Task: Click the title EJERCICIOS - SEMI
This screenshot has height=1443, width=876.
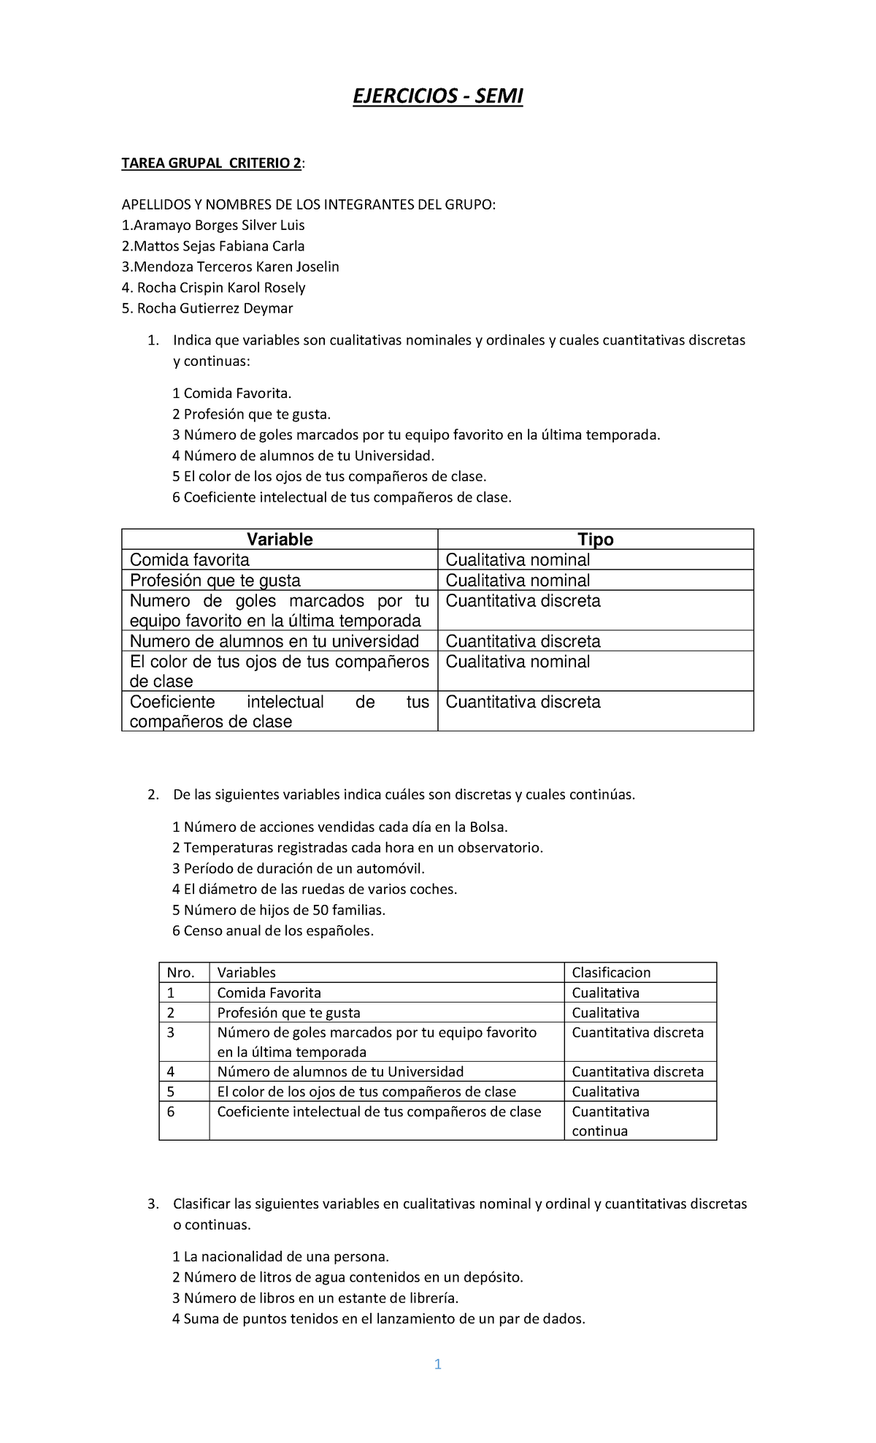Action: [x=438, y=96]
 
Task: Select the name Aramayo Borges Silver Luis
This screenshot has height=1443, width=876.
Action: [x=213, y=225]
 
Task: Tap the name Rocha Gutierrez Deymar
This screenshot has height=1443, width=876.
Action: [x=207, y=308]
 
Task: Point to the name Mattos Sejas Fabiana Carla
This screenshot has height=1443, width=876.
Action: [x=213, y=246]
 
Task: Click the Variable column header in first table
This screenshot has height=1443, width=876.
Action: [x=280, y=540]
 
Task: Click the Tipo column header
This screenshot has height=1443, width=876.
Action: [x=595, y=540]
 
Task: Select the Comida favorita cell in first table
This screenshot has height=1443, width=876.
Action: [x=190, y=560]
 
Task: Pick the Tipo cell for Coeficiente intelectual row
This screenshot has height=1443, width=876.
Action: [x=523, y=703]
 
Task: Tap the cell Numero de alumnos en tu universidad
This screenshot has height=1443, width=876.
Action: [x=274, y=641]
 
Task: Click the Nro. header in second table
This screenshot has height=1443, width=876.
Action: [x=180, y=973]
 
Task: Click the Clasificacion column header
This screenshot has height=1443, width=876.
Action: [x=611, y=973]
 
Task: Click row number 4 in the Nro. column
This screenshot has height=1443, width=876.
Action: [x=171, y=1072]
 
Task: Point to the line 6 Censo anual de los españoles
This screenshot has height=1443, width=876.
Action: [x=273, y=931]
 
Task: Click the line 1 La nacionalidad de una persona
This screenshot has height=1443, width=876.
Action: [x=281, y=1257]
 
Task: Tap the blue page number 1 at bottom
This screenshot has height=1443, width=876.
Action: [x=437, y=1364]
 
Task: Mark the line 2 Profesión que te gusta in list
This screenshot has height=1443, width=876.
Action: [x=252, y=415]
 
